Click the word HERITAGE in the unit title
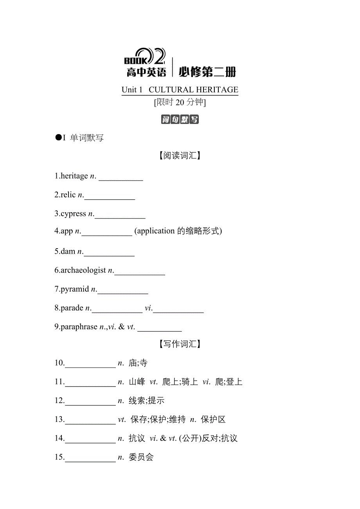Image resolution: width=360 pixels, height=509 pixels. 217,90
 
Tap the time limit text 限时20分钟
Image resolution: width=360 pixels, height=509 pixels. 180,102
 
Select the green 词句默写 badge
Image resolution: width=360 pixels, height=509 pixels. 180,119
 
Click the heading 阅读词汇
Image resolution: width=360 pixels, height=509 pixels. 180,156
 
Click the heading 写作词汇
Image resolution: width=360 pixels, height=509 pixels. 180,344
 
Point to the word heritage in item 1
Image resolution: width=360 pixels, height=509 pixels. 74,176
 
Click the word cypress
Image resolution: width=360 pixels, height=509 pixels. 73,213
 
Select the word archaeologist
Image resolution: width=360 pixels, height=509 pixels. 83,270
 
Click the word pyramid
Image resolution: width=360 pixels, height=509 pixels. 75,289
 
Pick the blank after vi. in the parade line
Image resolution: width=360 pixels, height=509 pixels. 178,309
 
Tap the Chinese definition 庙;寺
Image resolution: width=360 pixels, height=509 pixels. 138,363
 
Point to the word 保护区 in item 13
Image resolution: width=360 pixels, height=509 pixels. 213,420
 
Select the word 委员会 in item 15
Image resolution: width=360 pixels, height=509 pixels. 141,457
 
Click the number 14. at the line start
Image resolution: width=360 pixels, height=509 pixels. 59,438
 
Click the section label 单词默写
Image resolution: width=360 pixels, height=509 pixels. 87,138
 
